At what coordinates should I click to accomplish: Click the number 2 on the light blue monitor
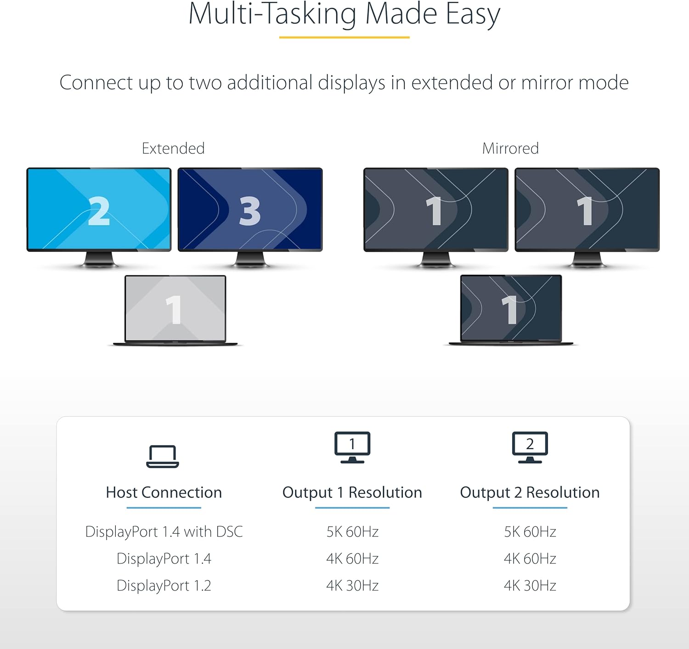click(x=99, y=211)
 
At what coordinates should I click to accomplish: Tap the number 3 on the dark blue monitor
click(x=250, y=211)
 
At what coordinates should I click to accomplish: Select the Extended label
click(x=173, y=148)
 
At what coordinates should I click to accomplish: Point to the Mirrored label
click(x=510, y=148)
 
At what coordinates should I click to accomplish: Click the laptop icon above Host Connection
click(x=163, y=456)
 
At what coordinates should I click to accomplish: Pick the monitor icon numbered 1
click(x=352, y=447)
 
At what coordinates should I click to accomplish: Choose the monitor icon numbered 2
click(x=530, y=447)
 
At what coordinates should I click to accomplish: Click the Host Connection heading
click(x=164, y=492)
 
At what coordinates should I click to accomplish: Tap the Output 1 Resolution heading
click(x=352, y=492)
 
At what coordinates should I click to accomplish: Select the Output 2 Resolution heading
click(x=530, y=492)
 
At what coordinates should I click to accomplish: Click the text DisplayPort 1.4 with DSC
click(x=164, y=532)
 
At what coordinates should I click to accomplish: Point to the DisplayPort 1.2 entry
click(x=164, y=586)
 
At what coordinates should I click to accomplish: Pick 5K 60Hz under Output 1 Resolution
click(x=352, y=532)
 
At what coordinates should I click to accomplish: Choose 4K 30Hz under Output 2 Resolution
click(x=530, y=586)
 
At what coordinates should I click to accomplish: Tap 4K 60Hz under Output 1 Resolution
click(x=352, y=559)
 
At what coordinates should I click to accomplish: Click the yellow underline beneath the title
click(x=344, y=37)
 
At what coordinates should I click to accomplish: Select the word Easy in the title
click(x=473, y=15)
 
